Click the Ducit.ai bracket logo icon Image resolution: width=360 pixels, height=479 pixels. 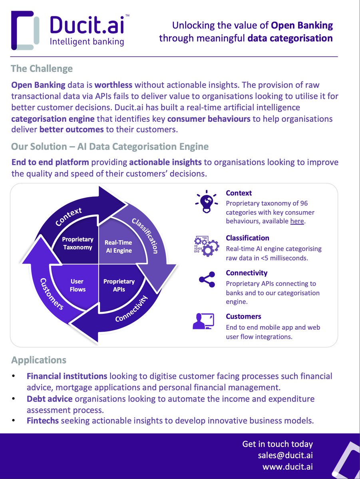(x=25, y=30)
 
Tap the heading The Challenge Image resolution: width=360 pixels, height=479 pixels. (x=42, y=69)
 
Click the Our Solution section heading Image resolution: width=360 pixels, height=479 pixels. (x=110, y=146)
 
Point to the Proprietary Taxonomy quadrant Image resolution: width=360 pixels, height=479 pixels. (x=78, y=243)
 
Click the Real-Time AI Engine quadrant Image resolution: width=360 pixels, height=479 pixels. (x=118, y=246)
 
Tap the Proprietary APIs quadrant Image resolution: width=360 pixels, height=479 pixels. (x=119, y=285)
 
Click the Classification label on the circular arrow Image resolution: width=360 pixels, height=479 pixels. (x=145, y=236)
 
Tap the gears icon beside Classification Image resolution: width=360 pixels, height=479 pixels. (x=206, y=246)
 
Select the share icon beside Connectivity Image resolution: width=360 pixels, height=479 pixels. (x=207, y=280)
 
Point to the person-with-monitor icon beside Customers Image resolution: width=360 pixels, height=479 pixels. (x=204, y=321)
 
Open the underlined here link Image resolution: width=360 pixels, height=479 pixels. (x=297, y=221)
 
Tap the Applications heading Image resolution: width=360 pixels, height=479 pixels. (x=39, y=360)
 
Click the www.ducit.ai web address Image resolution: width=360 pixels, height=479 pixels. (x=288, y=467)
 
